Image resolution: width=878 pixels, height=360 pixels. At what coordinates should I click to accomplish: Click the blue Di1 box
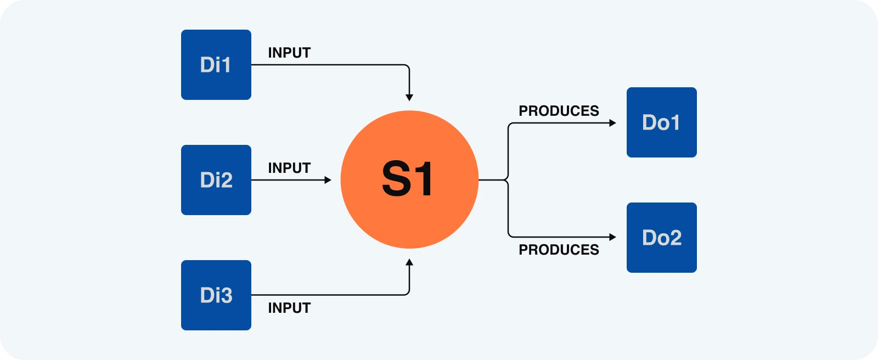point(216,65)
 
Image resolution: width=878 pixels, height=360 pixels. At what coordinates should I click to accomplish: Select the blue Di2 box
point(216,180)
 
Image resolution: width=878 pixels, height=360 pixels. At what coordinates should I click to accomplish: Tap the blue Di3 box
point(216,295)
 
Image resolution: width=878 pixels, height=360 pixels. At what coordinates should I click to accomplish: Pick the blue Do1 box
point(662,122)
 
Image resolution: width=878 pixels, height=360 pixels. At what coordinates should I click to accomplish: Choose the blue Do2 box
point(662,238)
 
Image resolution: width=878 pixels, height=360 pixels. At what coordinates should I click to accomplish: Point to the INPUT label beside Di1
point(289,53)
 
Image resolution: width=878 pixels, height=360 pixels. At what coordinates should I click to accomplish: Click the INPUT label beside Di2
point(289,168)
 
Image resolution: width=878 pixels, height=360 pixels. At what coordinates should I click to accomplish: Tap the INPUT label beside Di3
point(289,308)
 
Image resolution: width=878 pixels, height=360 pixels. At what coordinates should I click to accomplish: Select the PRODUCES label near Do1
point(559,111)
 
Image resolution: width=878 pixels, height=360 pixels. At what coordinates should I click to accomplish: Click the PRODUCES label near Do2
point(559,250)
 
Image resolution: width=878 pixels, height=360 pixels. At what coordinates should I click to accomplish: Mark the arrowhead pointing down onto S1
point(409,98)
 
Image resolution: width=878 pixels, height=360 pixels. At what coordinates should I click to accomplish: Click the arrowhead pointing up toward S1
point(409,262)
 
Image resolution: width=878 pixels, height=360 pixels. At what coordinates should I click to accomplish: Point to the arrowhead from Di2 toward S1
point(328,180)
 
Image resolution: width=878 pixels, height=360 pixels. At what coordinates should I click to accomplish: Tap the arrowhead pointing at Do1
point(613,123)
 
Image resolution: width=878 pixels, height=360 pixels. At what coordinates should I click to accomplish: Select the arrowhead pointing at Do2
point(613,237)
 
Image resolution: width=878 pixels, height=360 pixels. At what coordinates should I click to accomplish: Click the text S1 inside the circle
point(407,179)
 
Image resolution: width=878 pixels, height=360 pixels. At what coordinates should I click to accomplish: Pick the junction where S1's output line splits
point(508,179)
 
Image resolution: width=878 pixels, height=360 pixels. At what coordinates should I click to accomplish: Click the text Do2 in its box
point(662,238)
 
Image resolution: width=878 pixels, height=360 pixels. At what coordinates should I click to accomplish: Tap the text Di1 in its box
point(215,65)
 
